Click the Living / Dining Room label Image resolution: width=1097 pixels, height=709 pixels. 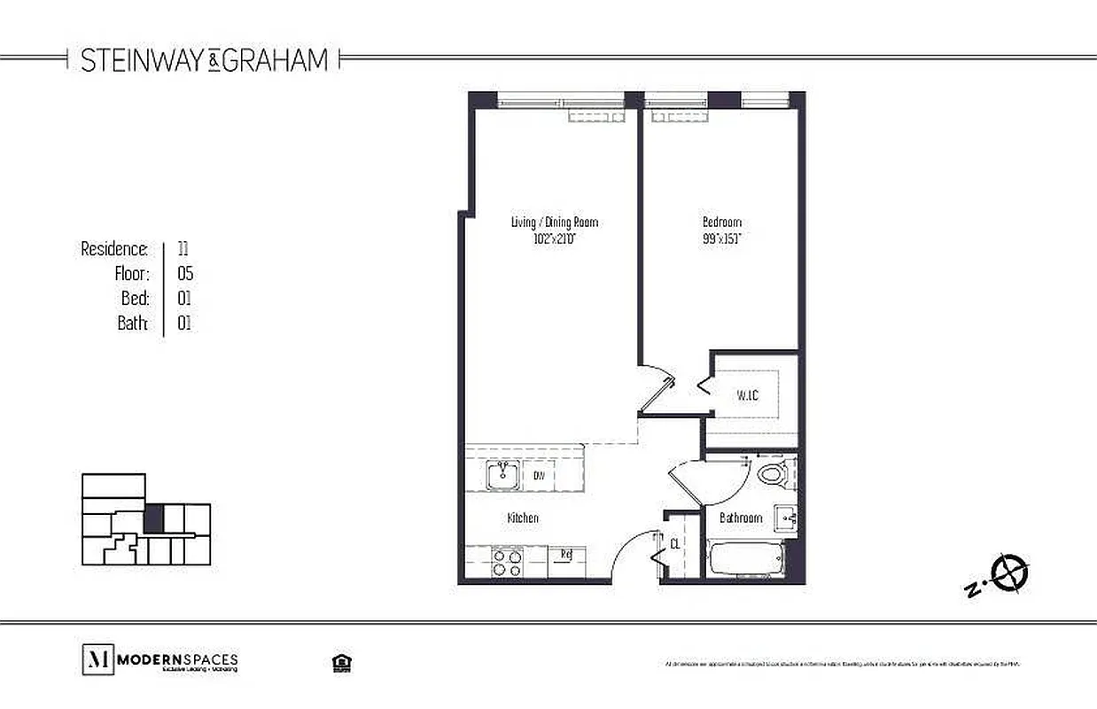[548, 222]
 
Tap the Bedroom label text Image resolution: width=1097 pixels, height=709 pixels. [721, 222]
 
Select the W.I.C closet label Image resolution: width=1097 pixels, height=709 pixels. [747, 395]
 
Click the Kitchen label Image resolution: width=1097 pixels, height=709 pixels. [523, 518]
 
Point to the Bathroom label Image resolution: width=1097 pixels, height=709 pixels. [741, 518]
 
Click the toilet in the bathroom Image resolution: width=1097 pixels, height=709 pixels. [772, 473]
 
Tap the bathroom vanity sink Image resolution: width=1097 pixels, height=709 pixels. [785, 516]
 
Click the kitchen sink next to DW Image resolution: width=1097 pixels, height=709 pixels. [502, 475]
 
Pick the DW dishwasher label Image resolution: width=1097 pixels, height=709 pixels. [538, 476]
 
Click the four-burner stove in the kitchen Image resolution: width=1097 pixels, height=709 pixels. [506, 564]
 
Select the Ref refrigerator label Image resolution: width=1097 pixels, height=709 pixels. [564, 556]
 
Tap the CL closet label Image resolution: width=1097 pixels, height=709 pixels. [674, 544]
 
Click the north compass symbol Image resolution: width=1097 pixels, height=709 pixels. [1008, 573]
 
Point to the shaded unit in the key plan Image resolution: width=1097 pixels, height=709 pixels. [154, 518]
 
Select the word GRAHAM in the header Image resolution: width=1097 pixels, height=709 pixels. [275, 60]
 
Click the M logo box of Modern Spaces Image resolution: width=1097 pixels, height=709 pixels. [97, 660]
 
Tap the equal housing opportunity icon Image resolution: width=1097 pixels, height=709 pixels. [338, 663]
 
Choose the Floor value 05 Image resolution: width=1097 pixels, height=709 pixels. [184, 274]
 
